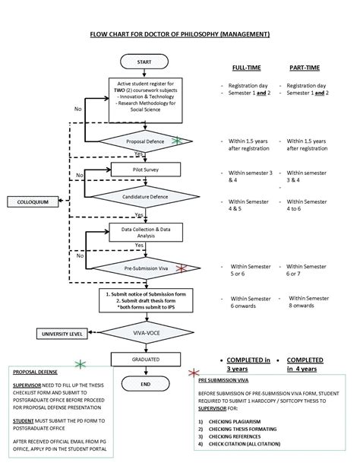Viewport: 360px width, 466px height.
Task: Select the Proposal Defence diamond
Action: point(144,141)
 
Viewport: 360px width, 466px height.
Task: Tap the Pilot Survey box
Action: point(144,169)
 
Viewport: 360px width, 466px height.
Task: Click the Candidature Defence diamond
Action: point(144,197)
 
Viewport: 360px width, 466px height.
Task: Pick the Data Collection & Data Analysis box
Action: point(144,231)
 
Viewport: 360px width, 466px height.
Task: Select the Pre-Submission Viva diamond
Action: point(144,268)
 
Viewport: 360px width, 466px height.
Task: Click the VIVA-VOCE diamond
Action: point(144,331)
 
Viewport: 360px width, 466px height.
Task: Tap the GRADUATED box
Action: point(144,358)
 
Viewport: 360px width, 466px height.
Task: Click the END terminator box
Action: point(144,385)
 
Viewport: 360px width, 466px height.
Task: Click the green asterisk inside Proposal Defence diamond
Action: point(177,141)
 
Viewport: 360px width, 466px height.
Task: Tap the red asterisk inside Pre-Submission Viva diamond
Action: point(181,268)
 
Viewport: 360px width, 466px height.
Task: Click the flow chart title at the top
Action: point(179,34)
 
